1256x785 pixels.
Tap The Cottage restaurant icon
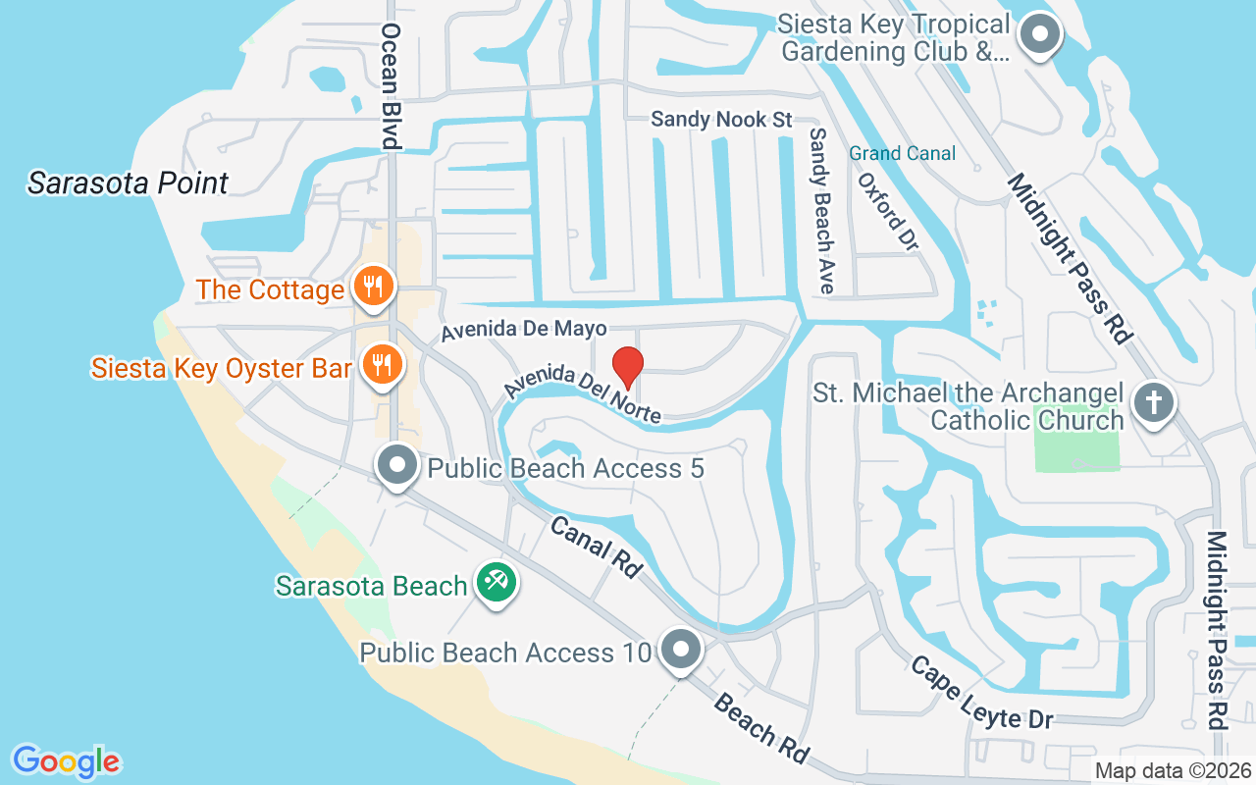click(x=373, y=287)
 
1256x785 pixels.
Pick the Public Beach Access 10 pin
click(x=680, y=651)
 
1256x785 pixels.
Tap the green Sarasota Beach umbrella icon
click(x=497, y=583)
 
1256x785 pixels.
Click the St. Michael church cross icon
click(x=1154, y=402)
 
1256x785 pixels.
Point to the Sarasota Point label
click(x=128, y=183)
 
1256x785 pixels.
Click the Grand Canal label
click(x=902, y=153)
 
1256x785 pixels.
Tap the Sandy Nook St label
click(x=721, y=120)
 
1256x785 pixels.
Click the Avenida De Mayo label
click(x=523, y=329)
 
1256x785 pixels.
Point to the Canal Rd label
click(x=597, y=547)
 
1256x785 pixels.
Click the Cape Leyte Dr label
click(x=982, y=693)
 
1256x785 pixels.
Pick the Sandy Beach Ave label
click(x=821, y=210)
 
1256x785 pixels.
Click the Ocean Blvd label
click(x=390, y=86)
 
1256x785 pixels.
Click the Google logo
click(x=66, y=760)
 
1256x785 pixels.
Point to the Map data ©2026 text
click(x=1172, y=770)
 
